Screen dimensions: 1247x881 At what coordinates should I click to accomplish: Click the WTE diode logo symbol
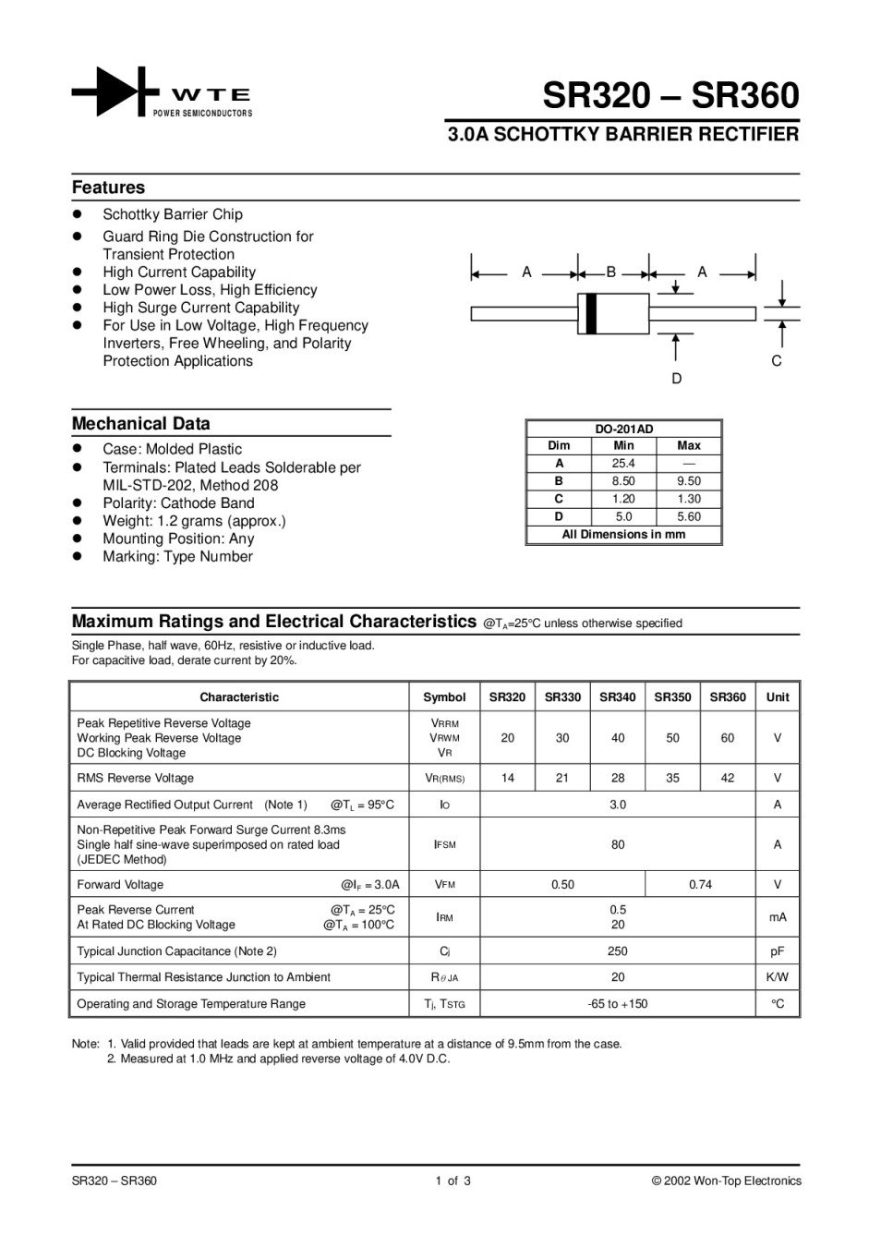(110, 91)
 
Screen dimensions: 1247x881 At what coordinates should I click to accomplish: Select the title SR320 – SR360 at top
(670, 96)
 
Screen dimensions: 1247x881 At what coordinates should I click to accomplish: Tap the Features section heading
(108, 188)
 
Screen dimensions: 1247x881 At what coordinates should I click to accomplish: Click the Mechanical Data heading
(140, 424)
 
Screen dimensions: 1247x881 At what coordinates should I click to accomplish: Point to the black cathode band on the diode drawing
(591, 313)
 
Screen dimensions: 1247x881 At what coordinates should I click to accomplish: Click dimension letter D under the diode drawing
(677, 379)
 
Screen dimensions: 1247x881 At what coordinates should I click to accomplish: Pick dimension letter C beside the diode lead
(777, 361)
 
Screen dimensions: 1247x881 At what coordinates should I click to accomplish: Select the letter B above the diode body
(610, 272)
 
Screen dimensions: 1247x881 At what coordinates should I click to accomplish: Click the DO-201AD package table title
(623, 429)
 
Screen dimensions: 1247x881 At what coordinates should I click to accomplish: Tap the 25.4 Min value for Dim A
(623, 464)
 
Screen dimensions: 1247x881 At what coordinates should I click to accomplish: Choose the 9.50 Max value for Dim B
(689, 481)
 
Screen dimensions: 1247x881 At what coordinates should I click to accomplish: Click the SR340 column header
(618, 697)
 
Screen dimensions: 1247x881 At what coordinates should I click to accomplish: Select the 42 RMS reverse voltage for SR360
(728, 778)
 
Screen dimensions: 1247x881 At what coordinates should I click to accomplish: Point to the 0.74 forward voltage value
(700, 885)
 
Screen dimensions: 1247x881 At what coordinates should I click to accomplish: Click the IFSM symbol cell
(444, 844)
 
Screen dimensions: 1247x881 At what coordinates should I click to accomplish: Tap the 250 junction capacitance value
(618, 951)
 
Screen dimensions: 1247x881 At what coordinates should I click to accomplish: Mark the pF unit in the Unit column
(778, 951)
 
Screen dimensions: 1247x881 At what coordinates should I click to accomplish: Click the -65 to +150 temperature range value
(618, 1004)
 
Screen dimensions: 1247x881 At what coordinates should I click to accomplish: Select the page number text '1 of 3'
(453, 1180)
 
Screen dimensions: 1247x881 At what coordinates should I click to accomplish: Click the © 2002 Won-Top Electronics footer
(726, 1180)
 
